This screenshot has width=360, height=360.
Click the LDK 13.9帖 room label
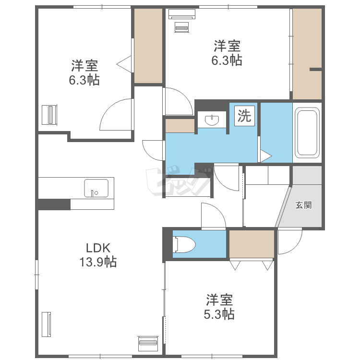pos(98,255)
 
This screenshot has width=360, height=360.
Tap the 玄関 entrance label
pos(303,205)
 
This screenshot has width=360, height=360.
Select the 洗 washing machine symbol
pos(244,116)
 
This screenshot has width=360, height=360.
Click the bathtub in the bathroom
pos(307,132)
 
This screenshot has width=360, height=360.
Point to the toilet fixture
pos(185,244)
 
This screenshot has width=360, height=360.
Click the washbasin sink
pos(212,120)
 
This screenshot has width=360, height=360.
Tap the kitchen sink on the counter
pos(96,188)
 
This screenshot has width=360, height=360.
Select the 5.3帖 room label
pos(219,307)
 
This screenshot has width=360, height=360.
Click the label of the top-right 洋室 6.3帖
pos(227,53)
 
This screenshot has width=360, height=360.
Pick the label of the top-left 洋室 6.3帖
pos(84,72)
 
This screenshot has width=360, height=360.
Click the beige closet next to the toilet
pos(252,244)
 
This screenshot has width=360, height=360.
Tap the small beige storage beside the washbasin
pos(180,126)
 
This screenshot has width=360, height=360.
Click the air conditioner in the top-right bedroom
pos(182,14)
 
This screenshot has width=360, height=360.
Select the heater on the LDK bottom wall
pos(148,344)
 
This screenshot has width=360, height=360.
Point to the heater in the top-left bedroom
pos(49,115)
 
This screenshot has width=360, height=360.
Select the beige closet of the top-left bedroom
pos(148,46)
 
